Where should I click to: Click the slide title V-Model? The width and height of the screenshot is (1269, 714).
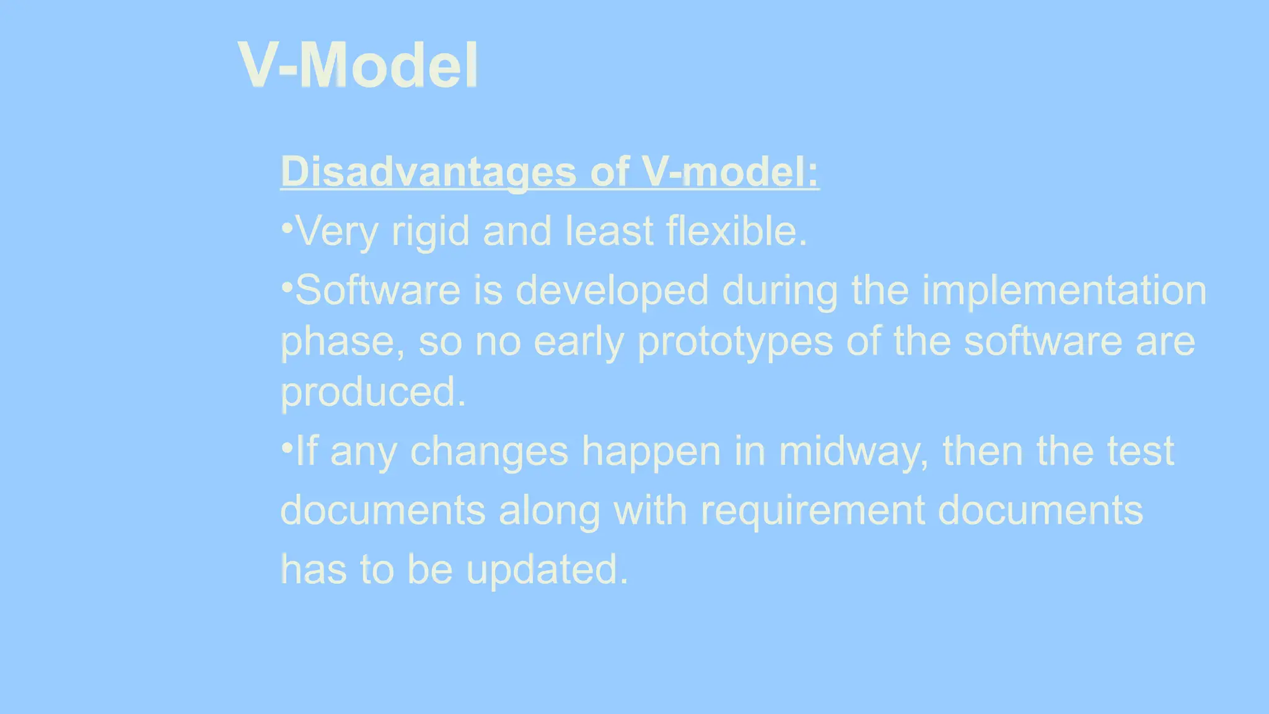[x=358, y=65]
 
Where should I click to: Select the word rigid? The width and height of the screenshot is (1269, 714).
[x=430, y=232]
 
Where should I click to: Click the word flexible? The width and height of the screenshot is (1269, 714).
[x=736, y=231]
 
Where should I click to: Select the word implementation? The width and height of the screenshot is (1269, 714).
[x=1064, y=291]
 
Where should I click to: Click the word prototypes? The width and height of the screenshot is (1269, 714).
[x=735, y=342]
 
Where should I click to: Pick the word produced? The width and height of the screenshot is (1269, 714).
[x=372, y=392]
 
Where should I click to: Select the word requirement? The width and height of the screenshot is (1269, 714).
[x=812, y=511]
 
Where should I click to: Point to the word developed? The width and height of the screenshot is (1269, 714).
[x=612, y=291]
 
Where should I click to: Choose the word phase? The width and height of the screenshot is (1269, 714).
[x=342, y=342]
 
